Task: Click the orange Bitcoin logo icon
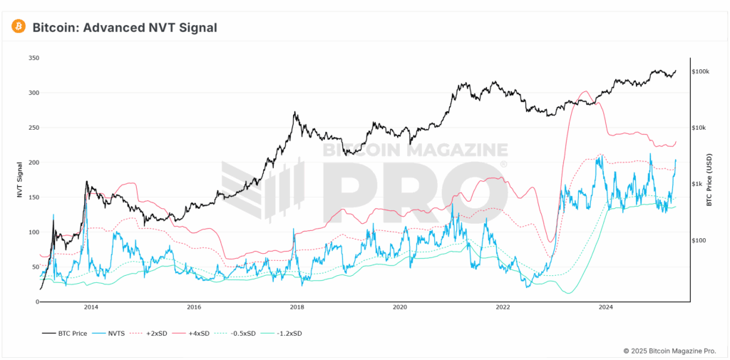(19, 27)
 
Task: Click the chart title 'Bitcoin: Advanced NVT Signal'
(125, 28)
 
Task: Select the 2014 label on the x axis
(91, 308)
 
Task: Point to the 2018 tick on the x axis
(297, 308)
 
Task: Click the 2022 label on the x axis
(503, 308)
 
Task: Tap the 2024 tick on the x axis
(606, 308)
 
